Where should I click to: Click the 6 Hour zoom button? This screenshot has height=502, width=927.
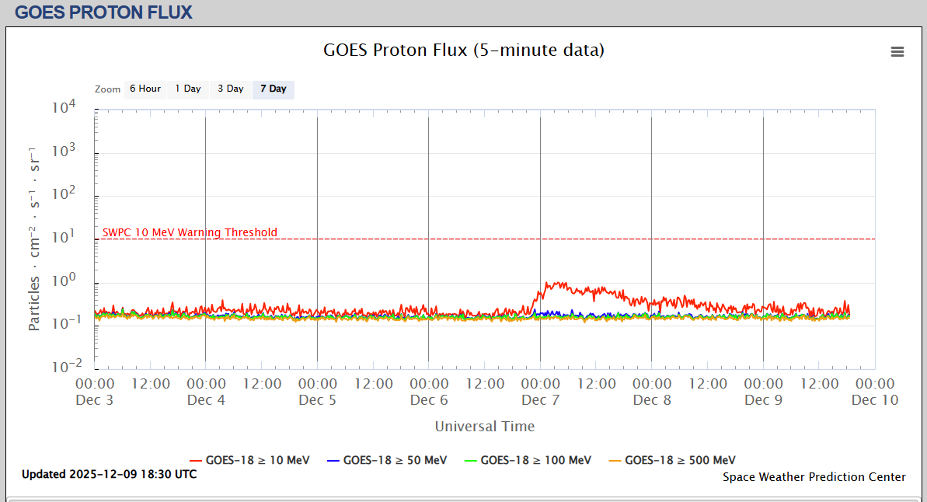click(145, 89)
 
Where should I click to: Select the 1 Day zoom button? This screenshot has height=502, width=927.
click(188, 89)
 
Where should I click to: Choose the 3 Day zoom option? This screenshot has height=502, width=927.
click(231, 89)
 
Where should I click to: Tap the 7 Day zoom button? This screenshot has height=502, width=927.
click(274, 89)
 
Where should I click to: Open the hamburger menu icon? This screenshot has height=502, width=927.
click(897, 52)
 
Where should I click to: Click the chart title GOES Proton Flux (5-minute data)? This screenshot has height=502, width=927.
click(463, 51)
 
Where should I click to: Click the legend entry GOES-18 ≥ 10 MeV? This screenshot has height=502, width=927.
click(249, 460)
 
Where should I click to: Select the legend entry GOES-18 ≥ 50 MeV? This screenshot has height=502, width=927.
click(387, 460)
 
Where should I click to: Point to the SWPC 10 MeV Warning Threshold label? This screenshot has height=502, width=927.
click(190, 232)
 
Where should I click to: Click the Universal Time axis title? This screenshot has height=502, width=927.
click(485, 426)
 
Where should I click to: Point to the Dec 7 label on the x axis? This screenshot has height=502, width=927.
click(540, 400)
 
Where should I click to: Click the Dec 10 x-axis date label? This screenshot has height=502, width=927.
click(875, 400)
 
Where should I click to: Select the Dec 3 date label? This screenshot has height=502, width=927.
click(95, 400)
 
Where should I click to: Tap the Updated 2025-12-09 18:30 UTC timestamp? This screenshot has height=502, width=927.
click(109, 474)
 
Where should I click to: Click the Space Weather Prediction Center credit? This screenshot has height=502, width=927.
click(814, 477)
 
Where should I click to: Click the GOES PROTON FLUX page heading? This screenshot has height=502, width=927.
click(103, 12)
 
